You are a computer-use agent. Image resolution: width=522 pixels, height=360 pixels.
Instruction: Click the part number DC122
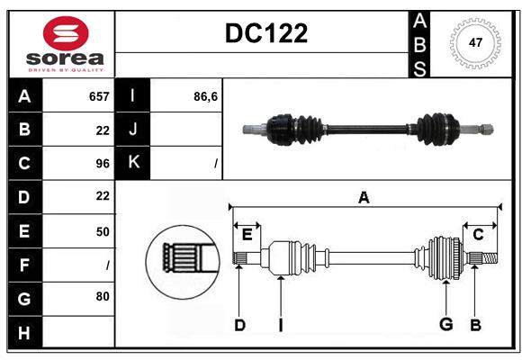[265, 33]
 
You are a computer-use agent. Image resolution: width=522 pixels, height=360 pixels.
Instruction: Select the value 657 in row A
[98, 96]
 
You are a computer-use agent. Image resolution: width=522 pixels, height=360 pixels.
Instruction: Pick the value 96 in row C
[102, 163]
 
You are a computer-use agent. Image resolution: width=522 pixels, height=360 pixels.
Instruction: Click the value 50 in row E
[102, 230]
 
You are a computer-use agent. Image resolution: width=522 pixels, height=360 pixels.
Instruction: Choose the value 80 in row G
[102, 297]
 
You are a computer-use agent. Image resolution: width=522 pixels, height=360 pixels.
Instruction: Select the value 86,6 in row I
[206, 96]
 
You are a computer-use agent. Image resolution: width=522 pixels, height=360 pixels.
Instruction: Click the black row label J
[133, 130]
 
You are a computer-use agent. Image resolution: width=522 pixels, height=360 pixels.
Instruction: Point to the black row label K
[133, 163]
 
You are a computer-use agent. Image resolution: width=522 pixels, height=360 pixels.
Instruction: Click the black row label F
[24, 265]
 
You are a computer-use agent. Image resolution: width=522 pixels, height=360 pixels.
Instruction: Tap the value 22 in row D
[102, 196]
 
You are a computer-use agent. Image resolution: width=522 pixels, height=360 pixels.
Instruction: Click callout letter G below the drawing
[445, 324]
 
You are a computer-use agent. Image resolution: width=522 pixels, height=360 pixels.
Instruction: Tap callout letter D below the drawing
[239, 324]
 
